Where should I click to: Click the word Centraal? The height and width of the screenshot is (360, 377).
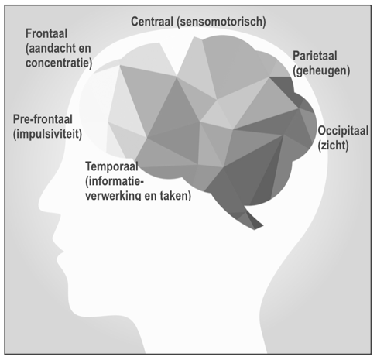click(x=152, y=22)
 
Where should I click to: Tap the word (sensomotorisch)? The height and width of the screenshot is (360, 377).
click(x=221, y=22)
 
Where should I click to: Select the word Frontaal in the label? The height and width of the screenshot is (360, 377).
click(x=46, y=33)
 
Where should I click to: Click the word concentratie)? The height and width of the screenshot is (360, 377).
click(x=59, y=63)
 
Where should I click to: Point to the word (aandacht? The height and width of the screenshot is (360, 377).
click(x=50, y=49)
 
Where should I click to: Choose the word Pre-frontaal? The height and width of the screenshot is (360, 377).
click(x=43, y=119)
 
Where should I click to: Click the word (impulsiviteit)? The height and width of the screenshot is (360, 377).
click(x=47, y=134)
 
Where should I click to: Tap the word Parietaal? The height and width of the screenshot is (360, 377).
click(x=315, y=56)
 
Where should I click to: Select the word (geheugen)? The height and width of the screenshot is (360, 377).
click(x=321, y=70)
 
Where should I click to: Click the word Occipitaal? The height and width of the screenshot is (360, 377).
click(x=343, y=131)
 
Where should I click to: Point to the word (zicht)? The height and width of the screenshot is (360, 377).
click(x=333, y=146)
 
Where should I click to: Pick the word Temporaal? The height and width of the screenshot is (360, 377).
click(x=111, y=166)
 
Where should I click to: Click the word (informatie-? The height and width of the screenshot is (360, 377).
click(x=115, y=181)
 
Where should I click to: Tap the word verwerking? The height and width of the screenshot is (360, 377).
click(x=113, y=196)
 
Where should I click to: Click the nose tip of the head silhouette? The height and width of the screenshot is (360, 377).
click(x=39, y=205)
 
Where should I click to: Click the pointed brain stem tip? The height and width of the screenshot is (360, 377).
click(x=255, y=229)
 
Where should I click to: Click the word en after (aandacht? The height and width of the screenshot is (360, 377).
click(x=85, y=49)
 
